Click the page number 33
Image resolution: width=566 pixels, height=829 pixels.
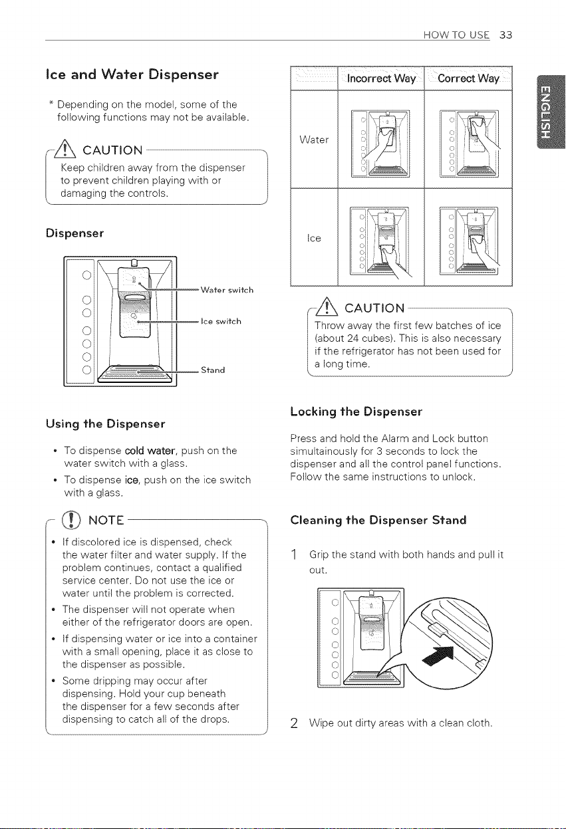click(505, 35)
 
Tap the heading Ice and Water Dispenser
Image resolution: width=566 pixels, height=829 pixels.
click(132, 74)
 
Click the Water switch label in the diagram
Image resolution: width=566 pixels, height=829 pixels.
click(227, 290)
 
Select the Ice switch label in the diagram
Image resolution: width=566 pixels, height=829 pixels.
click(221, 321)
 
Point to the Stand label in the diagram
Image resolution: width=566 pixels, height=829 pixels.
click(213, 370)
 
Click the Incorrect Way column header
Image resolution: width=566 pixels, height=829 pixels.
click(381, 78)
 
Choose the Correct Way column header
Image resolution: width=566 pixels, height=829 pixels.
click(468, 78)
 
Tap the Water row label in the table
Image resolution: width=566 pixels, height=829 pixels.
click(314, 140)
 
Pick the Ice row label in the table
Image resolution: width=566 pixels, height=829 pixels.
click(314, 238)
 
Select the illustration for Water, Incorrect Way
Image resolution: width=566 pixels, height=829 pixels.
click(380, 143)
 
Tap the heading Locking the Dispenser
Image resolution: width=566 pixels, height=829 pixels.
click(356, 412)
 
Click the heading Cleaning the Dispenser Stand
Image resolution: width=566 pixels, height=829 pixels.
click(378, 520)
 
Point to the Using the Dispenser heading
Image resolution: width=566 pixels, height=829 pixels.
click(106, 423)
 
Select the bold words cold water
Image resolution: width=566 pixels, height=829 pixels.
click(150, 451)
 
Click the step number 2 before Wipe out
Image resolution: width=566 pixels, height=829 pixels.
click(294, 723)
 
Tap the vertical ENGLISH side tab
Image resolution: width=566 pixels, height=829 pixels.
click(550, 112)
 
